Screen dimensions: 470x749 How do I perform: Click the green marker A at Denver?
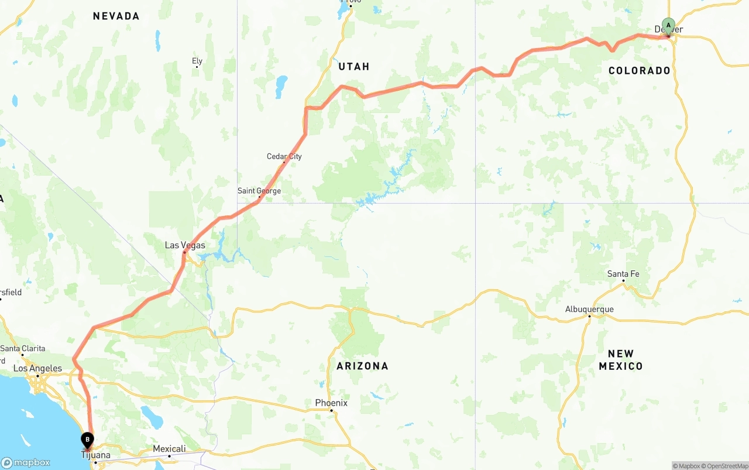click(x=668, y=26)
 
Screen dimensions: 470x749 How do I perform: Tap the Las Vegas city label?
click(x=185, y=245)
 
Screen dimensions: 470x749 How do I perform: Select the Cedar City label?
click(x=284, y=156)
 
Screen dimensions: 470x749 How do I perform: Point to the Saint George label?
click(x=259, y=191)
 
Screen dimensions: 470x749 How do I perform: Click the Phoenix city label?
click(x=331, y=403)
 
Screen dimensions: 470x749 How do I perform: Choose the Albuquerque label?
click(x=589, y=309)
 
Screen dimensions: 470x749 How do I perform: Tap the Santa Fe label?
click(x=623, y=274)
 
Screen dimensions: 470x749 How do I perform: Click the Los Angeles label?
click(x=37, y=368)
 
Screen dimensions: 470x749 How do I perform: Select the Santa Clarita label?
click(x=23, y=348)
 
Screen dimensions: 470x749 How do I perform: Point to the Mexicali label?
click(x=169, y=449)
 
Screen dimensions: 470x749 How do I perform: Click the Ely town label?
click(x=197, y=61)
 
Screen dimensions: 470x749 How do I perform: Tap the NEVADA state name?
click(x=116, y=16)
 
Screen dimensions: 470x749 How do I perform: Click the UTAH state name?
click(x=354, y=67)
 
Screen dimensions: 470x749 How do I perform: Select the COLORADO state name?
click(x=640, y=71)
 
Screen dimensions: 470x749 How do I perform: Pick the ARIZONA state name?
click(x=362, y=366)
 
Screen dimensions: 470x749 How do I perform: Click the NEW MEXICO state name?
click(x=621, y=360)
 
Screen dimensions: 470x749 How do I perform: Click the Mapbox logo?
click(x=26, y=462)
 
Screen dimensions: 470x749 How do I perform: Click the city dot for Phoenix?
click(x=331, y=411)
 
